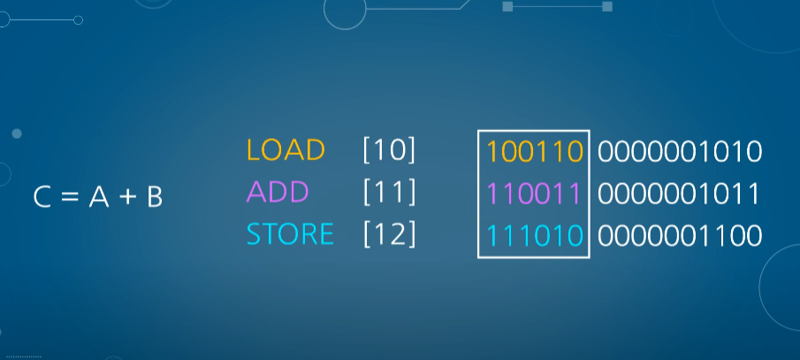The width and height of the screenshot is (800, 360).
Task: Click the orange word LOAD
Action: pyautogui.click(x=286, y=150)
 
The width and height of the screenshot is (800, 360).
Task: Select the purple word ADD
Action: pyautogui.click(x=278, y=192)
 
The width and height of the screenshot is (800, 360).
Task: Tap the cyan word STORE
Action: pyautogui.click(x=290, y=234)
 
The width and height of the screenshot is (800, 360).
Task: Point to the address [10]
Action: pyautogui.click(x=389, y=150)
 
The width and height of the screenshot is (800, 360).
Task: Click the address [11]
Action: pyautogui.click(x=389, y=192)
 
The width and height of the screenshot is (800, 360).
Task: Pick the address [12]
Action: pyautogui.click(x=389, y=234)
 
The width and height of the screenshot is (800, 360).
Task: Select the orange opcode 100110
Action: pyautogui.click(x=535, y=152)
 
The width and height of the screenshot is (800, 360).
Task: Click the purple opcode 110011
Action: pyautogui.click(x=535, y=194)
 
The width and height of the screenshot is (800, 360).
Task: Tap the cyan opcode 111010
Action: pyautogui.click(x=535, y=236)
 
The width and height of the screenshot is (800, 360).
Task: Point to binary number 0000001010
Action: pyautogui.click(x=680, y=152)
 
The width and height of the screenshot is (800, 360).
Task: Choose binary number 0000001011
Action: pyautogui.click(x=680, y=194)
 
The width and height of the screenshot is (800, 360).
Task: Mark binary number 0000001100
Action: pyautogui.click(x=680, y=236)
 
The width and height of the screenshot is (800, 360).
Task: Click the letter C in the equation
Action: pyautogui.click(x=42, y=197)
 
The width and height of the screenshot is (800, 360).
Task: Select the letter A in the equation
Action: pyautogui.click(x=95, y=197)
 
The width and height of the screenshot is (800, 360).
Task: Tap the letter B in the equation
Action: pyautogui.click(x=154, y=197)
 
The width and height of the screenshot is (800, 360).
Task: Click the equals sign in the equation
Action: pyautogui.click(x=68, y=197)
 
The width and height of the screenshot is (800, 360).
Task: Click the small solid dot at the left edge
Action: pyautogui.click(x=17, y=134)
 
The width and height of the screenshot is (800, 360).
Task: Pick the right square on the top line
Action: pyautogui.click(x=607, y=6)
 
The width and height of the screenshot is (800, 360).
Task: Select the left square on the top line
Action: pyautogui.click(x=507, y=6)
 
